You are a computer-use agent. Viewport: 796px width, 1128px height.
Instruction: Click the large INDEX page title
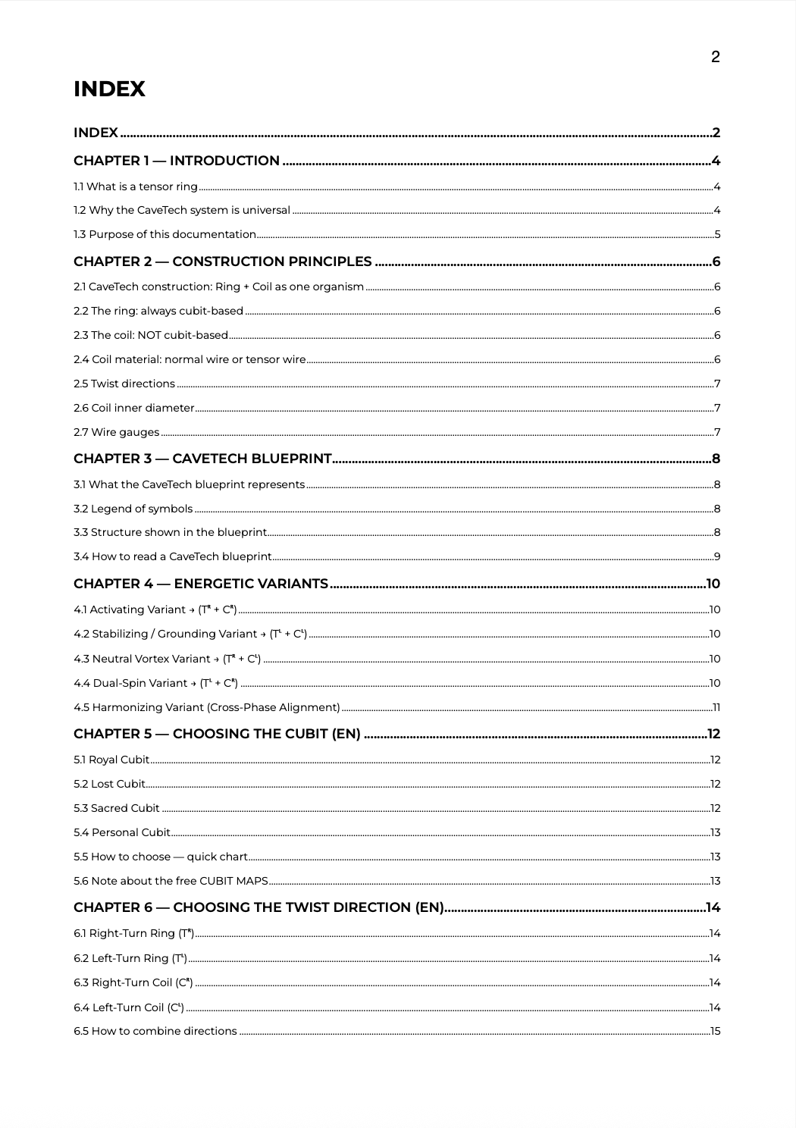tap(109, 89)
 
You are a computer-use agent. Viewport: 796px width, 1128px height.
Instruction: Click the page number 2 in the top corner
tap(715, 57)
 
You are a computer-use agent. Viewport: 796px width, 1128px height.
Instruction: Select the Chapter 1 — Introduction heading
tap(177, 161)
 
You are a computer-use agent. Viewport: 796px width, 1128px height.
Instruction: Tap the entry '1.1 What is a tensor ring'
tap(136, 186)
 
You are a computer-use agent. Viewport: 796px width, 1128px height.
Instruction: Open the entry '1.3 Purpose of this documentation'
tap(165, 234)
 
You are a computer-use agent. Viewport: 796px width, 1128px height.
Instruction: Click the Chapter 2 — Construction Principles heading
tap(223, 262)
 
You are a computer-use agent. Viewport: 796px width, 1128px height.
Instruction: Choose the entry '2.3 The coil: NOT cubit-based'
tap(151, 335)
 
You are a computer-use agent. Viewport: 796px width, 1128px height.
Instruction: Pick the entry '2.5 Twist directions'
tap(124, 384)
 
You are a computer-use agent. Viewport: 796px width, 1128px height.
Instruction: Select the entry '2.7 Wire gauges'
tap(116, 432)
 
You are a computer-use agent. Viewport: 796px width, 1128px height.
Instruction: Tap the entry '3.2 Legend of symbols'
tap(133, 509)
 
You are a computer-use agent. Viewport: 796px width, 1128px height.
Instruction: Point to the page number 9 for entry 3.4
tap(716, 556)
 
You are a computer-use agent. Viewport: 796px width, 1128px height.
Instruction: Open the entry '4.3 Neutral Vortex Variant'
tap(167, 659)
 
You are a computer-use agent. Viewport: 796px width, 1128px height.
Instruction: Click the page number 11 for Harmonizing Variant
tap(716, 707)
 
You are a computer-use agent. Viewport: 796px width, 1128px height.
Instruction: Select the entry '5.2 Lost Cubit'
tap(109, 784)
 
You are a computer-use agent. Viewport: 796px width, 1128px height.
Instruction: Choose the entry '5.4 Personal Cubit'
tap(122, 832)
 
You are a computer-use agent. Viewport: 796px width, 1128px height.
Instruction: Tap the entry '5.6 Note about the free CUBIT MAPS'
tap(171, 881)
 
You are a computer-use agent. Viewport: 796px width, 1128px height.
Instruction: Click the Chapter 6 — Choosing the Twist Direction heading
tap(259, 907)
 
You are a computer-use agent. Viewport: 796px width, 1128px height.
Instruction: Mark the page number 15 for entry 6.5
tap(715, 1031)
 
